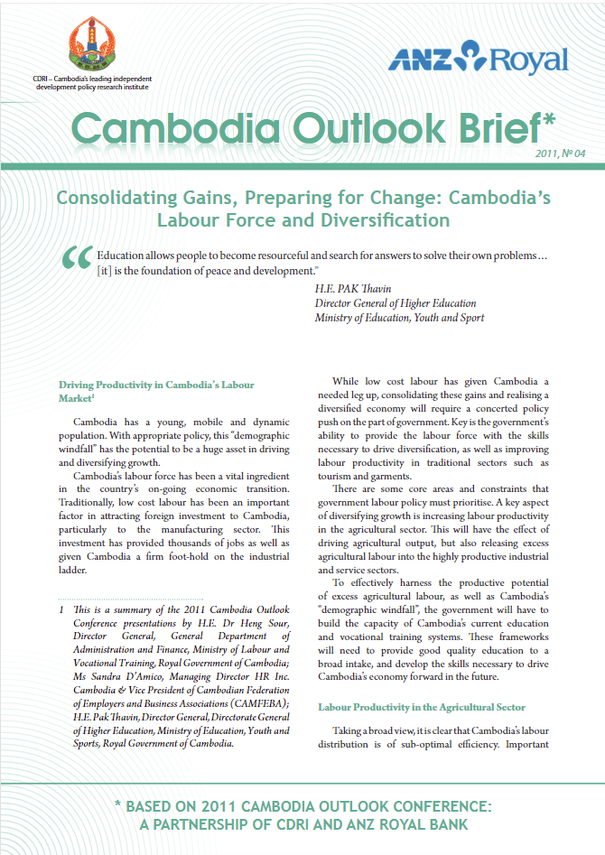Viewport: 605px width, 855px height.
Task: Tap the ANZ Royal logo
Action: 478,60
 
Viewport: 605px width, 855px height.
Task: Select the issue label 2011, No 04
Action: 561,153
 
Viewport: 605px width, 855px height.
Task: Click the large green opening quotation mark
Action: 75,259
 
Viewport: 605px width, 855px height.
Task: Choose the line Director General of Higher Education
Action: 396,303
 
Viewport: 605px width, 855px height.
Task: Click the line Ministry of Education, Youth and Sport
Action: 399,318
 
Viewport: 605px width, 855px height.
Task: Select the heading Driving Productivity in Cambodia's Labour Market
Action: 155,391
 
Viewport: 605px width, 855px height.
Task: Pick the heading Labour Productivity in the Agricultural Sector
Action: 422,706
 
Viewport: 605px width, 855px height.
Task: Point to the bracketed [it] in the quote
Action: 107,270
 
